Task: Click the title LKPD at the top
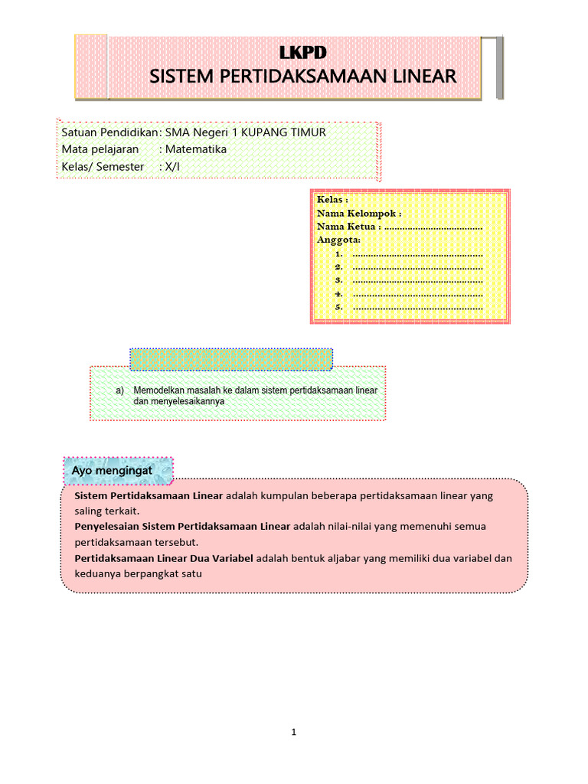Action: (x=302, y=52)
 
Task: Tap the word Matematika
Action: (x=196, y=149)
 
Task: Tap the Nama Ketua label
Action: (x=348, y=227)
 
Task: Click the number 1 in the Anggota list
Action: (x=338, y=253)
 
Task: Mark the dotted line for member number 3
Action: (x=417, y=281)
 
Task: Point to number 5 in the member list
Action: (x=338, y=308)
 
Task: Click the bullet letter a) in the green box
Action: (x=120, y=390)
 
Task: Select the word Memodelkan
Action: (x=157, y=390)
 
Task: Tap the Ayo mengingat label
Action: (x=113, y=470)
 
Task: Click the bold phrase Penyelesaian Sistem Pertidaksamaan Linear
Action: (x=182, y=527)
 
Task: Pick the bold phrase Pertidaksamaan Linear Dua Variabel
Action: (x=163, y=558)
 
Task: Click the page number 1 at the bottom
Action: (x=294, y=732)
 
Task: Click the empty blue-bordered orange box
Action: (x=231, y=359)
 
